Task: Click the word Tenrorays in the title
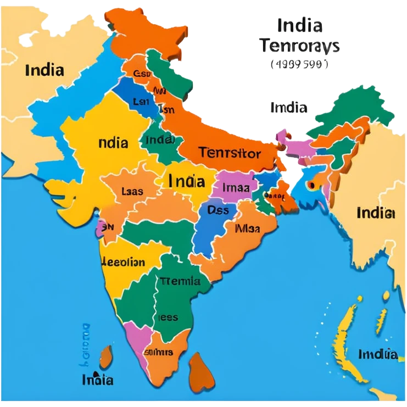300,46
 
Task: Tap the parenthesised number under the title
299,64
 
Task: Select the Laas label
132,192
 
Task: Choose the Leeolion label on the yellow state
124,262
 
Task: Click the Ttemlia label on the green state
180,282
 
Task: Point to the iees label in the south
168,317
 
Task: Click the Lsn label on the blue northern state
141,102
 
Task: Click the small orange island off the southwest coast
106,358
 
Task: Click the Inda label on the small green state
159,140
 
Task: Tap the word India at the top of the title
300,25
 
